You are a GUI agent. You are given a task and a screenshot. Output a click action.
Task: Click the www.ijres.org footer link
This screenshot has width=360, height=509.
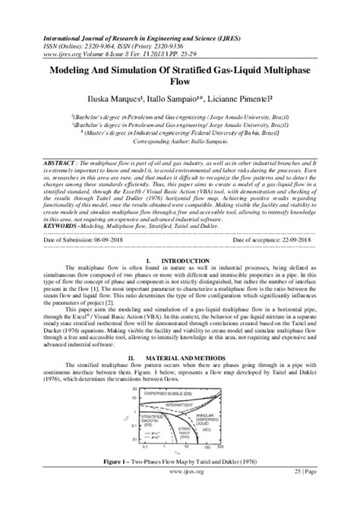[x=180, y=494]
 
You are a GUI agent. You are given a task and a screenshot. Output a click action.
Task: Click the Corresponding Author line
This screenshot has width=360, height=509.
[x=180, y=141]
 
